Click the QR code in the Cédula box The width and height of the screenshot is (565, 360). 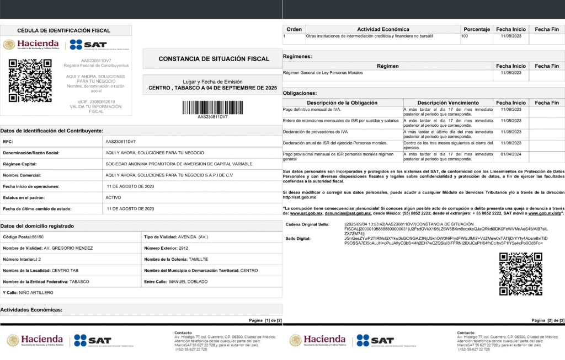(x=30, y=80)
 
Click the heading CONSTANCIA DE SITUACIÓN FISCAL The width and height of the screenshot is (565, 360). (x=214, y=59)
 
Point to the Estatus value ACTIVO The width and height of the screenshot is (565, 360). (x=114, y=197)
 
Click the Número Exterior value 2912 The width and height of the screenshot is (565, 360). (x=188, y=248)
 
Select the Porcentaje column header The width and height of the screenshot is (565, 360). (x=477, y=29)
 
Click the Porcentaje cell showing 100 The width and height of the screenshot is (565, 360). (x=465, y=36)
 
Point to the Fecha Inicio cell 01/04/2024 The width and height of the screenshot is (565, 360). (x=511, y=154)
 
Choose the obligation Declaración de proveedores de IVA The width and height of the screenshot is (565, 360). (x=315, y=132)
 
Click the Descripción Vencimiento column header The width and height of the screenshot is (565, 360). (x=447, y=103)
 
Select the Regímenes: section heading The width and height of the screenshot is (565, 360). (x=297, y=56)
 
